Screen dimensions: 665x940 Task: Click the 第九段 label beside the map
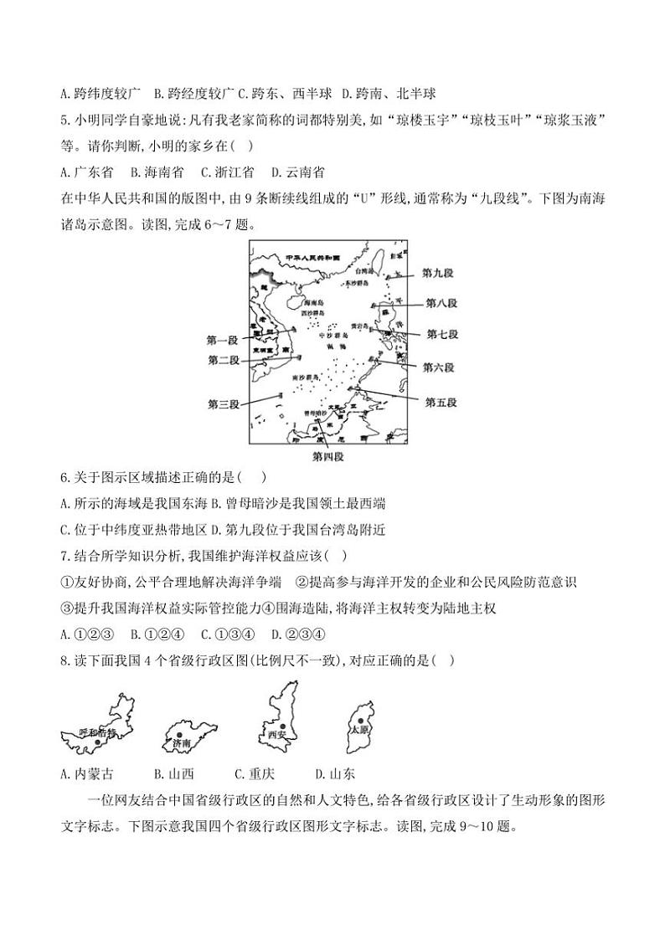(x=439, y=273)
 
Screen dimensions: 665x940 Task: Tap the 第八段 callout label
(x=441, y=303)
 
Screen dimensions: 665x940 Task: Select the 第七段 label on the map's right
(x=442, y=334)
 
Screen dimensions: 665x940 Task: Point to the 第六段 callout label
(x=438, y=367)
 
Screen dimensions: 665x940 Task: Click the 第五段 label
(x=441, y=402)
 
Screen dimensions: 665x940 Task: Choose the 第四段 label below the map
(x=327, y=457)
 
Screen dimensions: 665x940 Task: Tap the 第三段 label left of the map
(x=224, y=404)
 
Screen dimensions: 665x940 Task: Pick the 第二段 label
(x=224, y=360)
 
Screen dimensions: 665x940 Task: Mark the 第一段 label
(x=223, y=340)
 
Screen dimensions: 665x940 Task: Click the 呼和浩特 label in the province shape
(x=95, y=732)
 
